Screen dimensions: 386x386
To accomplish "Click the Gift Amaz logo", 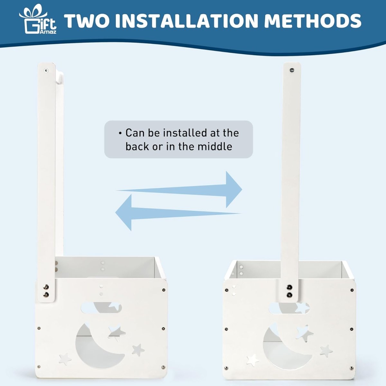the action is click(38, 19).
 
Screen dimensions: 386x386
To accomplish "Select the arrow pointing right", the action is click(179, 189).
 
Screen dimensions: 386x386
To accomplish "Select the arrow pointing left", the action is click(178, 212).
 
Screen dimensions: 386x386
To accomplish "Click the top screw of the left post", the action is click(46, 70).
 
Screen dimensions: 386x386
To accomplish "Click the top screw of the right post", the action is click(292, 70).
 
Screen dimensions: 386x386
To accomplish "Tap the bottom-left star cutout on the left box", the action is click(65, 359).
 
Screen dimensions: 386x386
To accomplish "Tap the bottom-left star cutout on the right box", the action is click(253, 360).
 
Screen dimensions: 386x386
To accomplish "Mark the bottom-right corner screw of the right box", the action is click(351, 368).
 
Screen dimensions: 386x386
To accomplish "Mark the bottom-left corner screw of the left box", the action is click(39, 367).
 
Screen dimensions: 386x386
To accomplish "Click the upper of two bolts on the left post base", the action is click(46, 287).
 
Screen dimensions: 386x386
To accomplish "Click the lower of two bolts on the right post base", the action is click(289, 295).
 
